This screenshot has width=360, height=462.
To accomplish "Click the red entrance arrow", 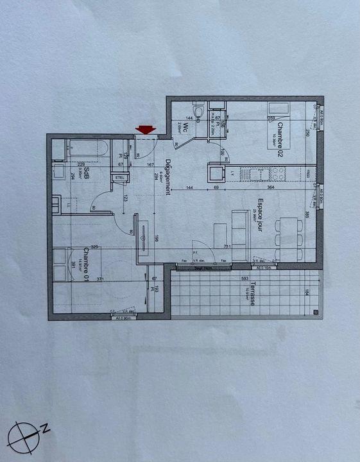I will [x=146, y=130].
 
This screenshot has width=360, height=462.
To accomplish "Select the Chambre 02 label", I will [x=280, y=144].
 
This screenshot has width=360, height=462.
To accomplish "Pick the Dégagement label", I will [x=167, y=175].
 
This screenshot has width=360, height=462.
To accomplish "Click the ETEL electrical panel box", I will [x=119, y=178].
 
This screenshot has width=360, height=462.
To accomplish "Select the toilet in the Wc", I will [x=199, y=112].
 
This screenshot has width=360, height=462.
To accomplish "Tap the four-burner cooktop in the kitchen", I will [x=278, y=173].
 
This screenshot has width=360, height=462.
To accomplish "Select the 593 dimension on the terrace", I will [x=245, y=278].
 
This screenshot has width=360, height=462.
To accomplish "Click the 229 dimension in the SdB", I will [x=82, y=164].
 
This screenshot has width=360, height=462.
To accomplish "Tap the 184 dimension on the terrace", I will [x=307, y=293].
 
